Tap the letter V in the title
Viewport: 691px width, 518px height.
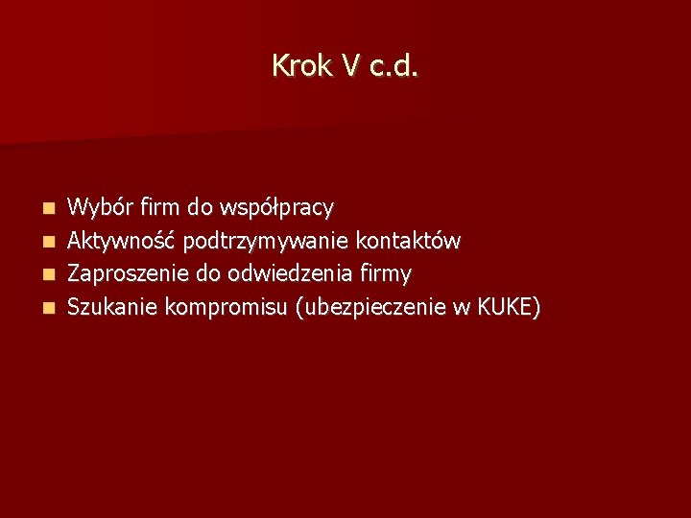point(349,66)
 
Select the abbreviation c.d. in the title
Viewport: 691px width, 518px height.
point(393,66)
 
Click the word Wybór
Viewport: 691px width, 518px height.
point(101,206)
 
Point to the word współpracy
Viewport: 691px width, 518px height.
point(276,207)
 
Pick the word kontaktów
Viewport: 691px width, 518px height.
point(408,240)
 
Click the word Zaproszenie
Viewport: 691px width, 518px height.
point(129,274)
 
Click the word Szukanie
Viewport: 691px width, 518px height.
point(113,307)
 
